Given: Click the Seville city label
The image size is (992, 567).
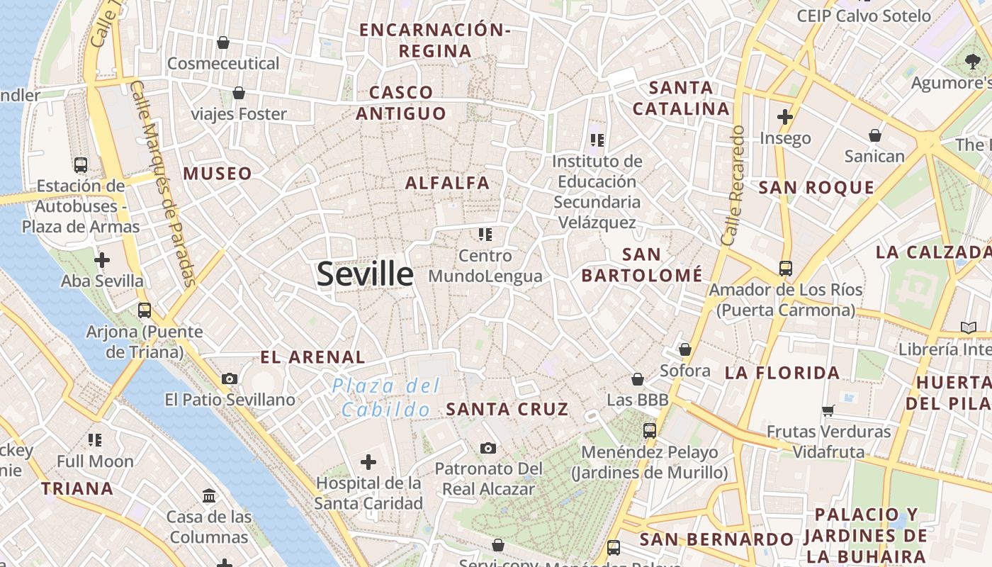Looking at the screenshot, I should click(x=365, y=274).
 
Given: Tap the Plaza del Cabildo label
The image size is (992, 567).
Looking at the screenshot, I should click(x=387, y=398).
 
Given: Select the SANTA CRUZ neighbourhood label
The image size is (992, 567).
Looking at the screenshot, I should click(x=507, y=409).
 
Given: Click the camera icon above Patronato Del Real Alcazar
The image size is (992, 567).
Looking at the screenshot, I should click(x=487, y=448).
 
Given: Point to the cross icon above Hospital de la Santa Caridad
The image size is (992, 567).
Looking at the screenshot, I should click(x=368, y=463).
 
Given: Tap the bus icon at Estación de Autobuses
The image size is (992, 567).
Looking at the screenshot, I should click(x=81, y=165).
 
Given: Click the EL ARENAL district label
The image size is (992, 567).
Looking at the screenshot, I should click(x=312, y=357).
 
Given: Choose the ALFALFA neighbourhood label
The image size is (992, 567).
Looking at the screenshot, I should click(x=447, y=183).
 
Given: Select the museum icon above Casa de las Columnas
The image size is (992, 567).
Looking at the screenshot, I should click(x=209, y=495).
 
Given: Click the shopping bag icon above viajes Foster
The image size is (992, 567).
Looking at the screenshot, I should click(x=239, y=93).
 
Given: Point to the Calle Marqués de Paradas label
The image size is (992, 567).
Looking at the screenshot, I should click(x=164, y=184).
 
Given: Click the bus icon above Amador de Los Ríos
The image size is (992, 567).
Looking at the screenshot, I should click(x=785, y=269).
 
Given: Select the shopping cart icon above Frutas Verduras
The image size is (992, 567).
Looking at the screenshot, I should click(x=828, y=410).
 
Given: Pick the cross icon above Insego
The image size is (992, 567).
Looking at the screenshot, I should click(x=785, y=117).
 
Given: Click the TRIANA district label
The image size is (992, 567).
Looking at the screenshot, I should click(x=77, y=488).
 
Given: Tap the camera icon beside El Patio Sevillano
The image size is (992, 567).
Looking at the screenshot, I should click(x=229, y=379).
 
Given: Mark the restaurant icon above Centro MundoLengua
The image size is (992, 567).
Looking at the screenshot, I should click(x=485, y=234).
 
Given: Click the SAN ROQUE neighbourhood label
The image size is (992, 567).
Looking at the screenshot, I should click(x=816, y=188).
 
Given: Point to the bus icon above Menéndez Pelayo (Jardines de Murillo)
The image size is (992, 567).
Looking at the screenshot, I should click(x=649, y=430).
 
